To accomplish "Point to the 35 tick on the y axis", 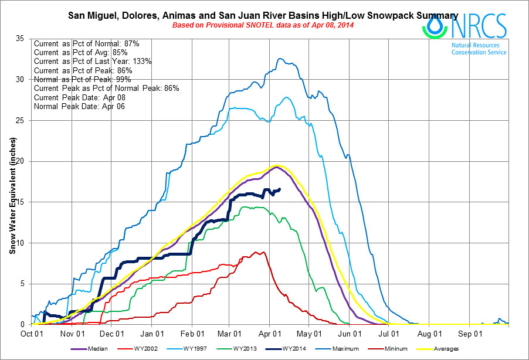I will [x=24, y=39].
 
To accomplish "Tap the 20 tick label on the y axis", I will [x=24, y=161].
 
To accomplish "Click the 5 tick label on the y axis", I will [x=26, y=284].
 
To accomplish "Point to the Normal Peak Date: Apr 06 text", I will [x=79, y=106].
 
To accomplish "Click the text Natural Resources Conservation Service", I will [x=479, y=48].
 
